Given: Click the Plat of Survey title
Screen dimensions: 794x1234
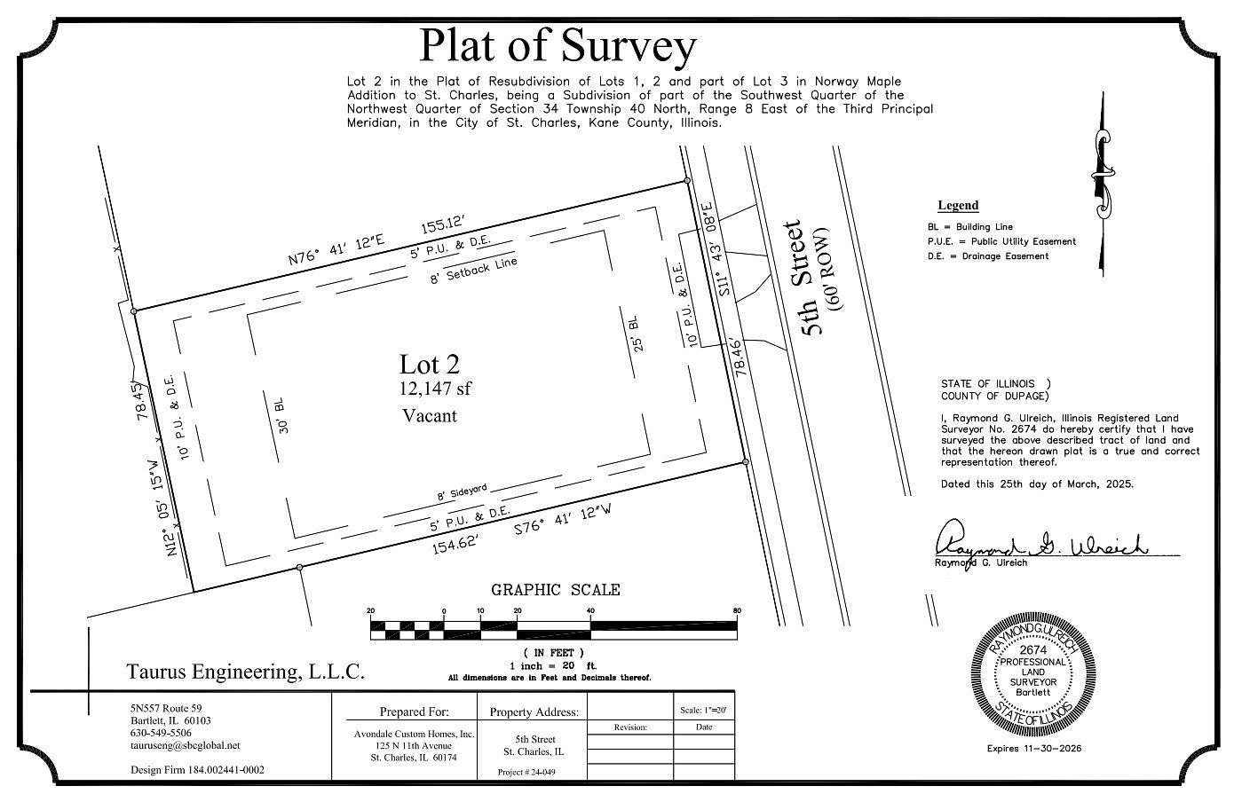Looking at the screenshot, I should (x=558, y=46).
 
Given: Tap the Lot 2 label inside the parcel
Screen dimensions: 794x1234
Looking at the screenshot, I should (x=429, y=364).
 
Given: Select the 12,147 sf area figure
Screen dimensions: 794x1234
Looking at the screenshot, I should (x=436, y=388).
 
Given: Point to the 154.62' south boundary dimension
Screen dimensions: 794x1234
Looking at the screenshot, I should (x=456, y=544).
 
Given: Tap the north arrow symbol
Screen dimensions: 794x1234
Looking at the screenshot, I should (x=1102, y=182).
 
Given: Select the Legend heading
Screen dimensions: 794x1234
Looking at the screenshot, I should (x=958, y=206).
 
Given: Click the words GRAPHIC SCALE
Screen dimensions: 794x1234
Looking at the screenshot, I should (x=556, y=590).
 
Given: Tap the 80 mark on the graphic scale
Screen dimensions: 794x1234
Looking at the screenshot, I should (x=737, y=611).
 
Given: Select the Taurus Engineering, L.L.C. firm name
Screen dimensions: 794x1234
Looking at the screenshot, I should (x=246, y=672).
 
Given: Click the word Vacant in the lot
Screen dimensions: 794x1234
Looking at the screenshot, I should (x=430, y=414).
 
